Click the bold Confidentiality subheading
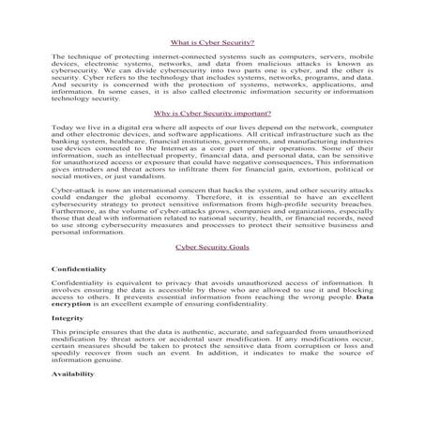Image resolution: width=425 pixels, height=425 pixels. tap(79, 269)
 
